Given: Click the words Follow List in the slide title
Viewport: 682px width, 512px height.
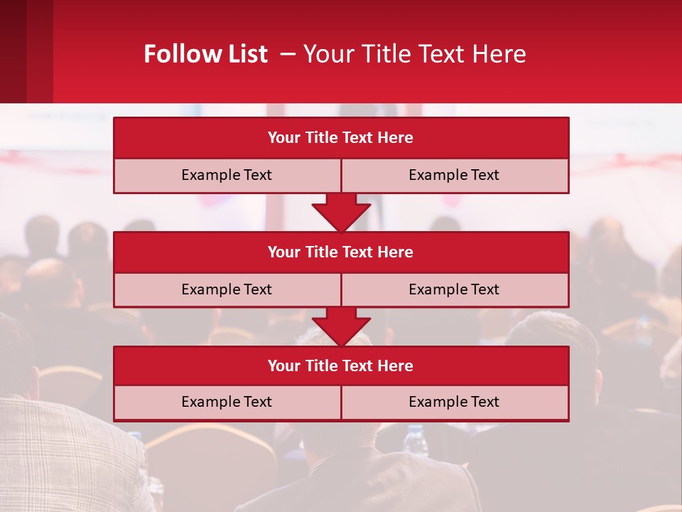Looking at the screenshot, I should pos(205,54).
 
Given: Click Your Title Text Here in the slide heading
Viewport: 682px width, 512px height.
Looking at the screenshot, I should pos(415,54).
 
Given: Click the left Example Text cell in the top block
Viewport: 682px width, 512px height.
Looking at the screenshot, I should pos(227,175).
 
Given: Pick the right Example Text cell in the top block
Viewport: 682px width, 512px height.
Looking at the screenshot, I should pos(454,175).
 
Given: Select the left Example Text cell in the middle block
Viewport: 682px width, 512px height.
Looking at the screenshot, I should pos(227,289).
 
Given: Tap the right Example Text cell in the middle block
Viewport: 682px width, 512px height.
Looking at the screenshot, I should pos(454,289).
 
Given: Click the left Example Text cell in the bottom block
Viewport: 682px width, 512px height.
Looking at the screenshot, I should pos(227,402).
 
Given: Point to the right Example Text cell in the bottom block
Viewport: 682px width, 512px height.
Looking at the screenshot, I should pos(454,402).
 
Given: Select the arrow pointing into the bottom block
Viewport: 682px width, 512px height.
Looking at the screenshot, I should pos(341,326).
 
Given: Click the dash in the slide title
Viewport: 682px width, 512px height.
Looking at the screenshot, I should pos(288,54).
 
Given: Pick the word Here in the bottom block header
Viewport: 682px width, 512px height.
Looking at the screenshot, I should pos(396,366).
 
